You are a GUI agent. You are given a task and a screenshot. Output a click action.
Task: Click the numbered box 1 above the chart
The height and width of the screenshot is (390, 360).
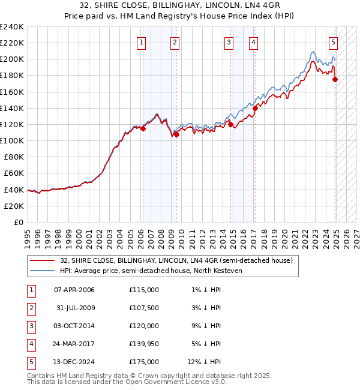(140, 42)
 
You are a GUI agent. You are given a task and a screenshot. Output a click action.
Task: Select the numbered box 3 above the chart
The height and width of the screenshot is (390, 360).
(229, 42)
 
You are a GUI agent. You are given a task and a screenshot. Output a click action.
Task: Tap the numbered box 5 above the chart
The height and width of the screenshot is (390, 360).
(333, 42)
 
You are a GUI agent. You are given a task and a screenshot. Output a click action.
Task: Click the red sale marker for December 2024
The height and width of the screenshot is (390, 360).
(335, 79)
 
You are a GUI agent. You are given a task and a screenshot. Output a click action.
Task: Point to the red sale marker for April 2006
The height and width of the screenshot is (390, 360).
(143, 128)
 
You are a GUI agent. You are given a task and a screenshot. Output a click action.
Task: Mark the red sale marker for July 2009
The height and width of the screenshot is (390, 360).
(177, 134)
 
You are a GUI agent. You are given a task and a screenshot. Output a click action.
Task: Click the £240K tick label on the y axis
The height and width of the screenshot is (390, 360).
(12, 27)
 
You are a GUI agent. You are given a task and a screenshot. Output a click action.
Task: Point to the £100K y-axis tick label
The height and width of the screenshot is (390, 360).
(12, 140)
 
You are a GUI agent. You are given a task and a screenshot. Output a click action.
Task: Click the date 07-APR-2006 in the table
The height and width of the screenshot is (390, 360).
(74, 290)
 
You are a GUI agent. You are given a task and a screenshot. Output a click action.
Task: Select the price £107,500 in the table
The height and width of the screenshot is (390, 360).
(144, 308)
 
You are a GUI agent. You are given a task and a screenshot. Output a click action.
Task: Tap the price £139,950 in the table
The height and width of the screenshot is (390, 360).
(144, 344)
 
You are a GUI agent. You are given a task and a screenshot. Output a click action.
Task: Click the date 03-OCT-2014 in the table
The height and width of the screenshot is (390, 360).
(74, 326)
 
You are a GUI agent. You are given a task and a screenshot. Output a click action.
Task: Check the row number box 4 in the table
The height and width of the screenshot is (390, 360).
(30, 344)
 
